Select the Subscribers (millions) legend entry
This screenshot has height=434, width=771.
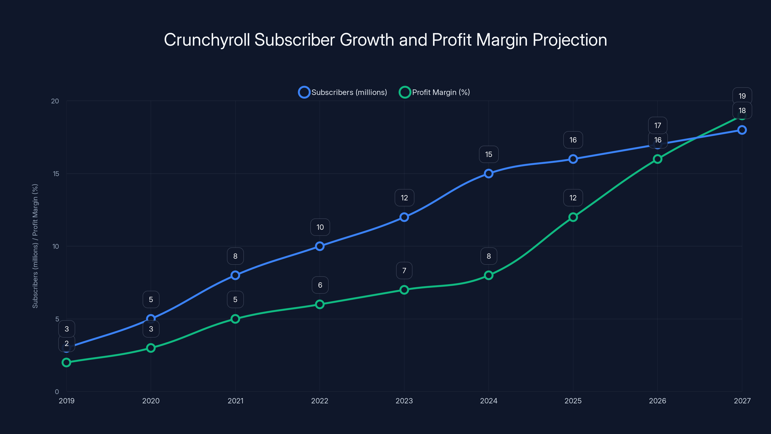pos(343,92)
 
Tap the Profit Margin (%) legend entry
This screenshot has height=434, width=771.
pos(435,92)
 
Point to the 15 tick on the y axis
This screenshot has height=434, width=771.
pos(56,174)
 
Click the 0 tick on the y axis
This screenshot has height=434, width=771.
pos(57,392)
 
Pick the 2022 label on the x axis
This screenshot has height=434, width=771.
pos(320,401)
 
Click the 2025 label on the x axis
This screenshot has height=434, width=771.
pos(573,401)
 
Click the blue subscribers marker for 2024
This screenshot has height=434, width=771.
pos(488,173)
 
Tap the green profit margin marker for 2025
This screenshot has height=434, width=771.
pos(573,217)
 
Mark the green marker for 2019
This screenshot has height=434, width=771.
pos(66,362)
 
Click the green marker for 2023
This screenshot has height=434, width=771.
pos(404,290)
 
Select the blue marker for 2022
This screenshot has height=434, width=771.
pos(320,246)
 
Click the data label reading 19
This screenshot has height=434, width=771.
pos(742,96)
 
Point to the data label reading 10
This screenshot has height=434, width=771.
pos(320,227)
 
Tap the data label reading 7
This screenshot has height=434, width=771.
pos(404,271)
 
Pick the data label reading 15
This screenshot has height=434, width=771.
pos(488,154)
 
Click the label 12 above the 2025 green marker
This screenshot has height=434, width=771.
pos(573,198)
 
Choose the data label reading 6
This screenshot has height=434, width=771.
pos(320,285)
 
